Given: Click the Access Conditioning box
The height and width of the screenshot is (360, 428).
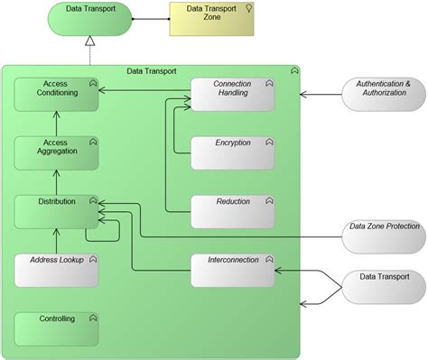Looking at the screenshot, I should pos(56,95).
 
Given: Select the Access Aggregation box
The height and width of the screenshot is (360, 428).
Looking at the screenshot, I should pos(56,153).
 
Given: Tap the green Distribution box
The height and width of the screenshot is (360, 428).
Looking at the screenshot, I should pos(56,211).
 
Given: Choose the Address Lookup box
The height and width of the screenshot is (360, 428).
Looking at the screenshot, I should pos(56,270).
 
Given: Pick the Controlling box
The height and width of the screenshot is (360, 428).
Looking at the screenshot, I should pos(56,328).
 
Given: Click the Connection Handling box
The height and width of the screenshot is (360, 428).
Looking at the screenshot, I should pos(232,95).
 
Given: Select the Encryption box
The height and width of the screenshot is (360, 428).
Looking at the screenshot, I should pos(232,153).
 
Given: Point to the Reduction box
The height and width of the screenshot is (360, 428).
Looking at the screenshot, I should pos(232,211).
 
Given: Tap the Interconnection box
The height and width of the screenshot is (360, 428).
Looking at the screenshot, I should pos(232,270).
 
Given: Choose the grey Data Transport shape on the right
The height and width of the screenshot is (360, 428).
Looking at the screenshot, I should pos(382,287).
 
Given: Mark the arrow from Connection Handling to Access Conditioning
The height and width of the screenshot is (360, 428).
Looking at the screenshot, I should pos(144,90).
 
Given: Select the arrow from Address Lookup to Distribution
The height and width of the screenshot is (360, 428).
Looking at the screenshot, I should pos(56,241).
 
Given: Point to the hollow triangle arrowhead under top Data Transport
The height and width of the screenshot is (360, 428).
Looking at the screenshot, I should pos(90,42).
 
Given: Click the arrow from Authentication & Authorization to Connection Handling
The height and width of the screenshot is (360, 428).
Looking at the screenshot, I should pos(321,94).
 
